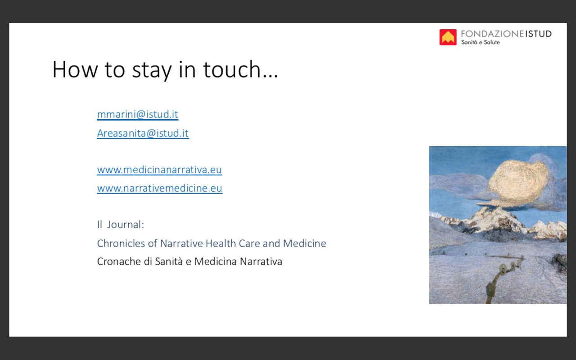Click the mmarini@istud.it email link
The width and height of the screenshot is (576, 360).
coord(138,114)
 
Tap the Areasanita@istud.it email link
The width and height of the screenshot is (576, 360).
coord(143,133)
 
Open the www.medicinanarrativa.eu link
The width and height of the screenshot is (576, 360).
coord(159,170)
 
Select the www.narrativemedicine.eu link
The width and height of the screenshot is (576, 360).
coord(160,188)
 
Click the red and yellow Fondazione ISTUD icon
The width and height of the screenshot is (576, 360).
coord(448,37)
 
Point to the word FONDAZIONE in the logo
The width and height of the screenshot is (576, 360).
coord(492,34)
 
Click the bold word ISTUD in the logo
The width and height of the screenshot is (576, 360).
coord(538,34)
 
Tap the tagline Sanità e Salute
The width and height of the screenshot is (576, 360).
coord(480,42)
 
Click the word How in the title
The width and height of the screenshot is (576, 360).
coord(75,69)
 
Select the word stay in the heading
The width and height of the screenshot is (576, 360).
coord(152,71)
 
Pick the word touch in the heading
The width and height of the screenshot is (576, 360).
coord(232,69)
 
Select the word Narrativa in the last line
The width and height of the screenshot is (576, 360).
coord(261,261)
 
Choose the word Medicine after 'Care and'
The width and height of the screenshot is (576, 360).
coord(305,243)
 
